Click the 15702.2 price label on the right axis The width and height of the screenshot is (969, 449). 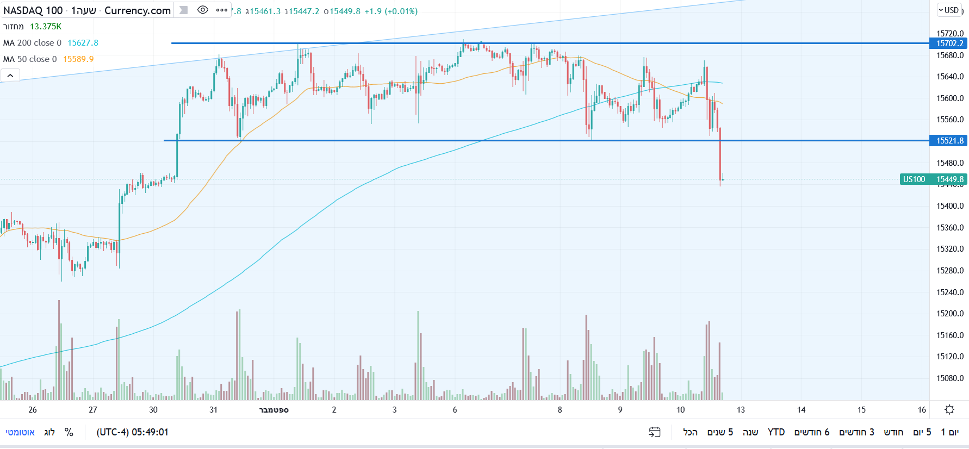pos(949,43)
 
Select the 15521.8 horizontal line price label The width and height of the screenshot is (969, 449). pos(949,141)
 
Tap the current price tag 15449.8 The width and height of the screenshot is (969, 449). pos(949,179)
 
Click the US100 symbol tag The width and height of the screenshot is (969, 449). pos(914,179)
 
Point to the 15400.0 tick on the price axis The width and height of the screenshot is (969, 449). pos(949,206)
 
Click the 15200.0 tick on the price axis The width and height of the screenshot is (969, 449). pos(949,314)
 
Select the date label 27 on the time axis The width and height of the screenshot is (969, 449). pos(93,410)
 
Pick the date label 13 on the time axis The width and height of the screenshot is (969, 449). pos(741,410)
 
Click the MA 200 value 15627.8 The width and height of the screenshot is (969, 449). pos(83,43)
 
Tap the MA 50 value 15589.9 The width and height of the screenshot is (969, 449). pos(78,59)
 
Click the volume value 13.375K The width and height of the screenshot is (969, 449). pos(46,27)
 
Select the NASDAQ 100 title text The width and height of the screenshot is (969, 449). pos(33,10)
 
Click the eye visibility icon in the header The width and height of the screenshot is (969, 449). pos(203,10)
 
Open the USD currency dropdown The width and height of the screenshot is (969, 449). pos(949,10)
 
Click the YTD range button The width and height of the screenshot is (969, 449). pos(776,432)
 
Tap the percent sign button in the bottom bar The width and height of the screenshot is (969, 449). pos(69,432)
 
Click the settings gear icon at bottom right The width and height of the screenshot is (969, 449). pos(949,410)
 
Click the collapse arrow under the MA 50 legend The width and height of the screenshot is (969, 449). pos(10,76)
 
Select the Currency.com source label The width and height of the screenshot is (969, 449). pos(137,10)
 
